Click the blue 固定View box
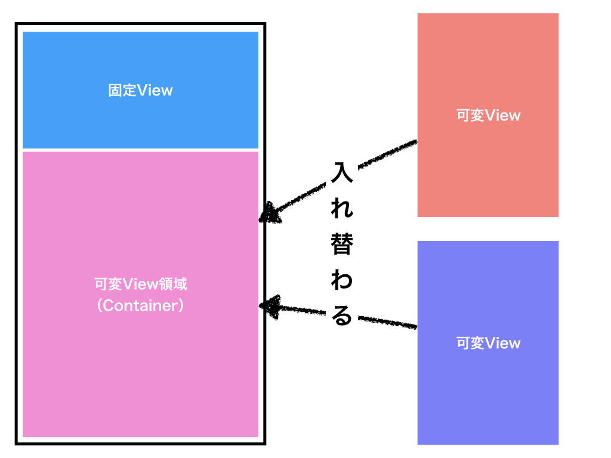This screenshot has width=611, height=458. click(x=140, y=60)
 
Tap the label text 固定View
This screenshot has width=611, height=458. click(x=140, y=91)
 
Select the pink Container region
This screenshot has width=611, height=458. click(x=140, y=370)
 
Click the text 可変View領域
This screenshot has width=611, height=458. click(x=140, y=284)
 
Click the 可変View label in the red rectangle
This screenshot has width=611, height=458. click(x=488, y=116)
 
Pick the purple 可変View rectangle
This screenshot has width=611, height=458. click(x=487, y=394)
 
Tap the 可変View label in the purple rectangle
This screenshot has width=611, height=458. click(x=488, y=343)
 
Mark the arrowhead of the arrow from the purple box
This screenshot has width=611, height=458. click(x=269, y=305)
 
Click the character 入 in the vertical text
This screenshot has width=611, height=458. click(x=342, y=172)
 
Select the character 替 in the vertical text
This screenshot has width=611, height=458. click(x=342, y=245)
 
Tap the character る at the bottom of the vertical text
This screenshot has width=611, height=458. click(x=342, y=317)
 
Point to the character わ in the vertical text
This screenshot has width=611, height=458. click(x=342, y=281)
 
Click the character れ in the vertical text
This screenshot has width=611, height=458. click(x=342, y=209)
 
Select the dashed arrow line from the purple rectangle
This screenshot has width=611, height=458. click(x=382, y=321)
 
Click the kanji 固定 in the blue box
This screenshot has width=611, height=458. click(x=122, y=91)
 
